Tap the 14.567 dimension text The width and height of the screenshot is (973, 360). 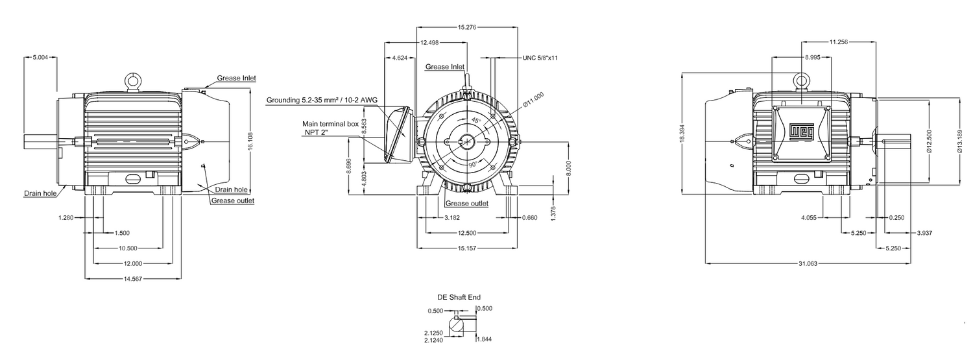pos(132,278)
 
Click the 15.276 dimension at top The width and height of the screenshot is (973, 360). pos(468,27)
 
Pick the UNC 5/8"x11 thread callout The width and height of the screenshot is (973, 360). pos(540,58)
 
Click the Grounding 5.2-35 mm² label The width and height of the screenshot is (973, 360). pos(322,101)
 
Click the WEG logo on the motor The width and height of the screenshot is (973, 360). pos(801,133)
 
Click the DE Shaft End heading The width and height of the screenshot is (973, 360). pos(459,297)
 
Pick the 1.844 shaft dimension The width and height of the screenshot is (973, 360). pos(484,339)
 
